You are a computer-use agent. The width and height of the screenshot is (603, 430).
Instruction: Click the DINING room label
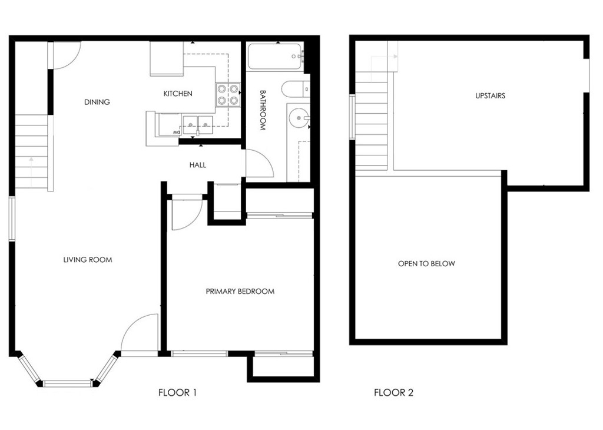coord(97,102)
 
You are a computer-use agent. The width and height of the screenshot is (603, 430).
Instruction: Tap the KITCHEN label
coord(178,94)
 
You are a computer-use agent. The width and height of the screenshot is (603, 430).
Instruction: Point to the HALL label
coord(198,165)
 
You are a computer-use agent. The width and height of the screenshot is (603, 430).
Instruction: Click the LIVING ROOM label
coord(88,260)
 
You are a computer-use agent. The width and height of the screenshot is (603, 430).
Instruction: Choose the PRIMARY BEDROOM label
coord(240,291)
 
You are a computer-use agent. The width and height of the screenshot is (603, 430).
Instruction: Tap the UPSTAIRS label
coord(491,96)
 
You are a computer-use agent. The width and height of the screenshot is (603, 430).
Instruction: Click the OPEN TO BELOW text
coord(426,263)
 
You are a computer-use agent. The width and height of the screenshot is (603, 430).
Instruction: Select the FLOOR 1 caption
coord(177,392)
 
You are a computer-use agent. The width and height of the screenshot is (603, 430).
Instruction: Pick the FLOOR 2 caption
coord(393,392)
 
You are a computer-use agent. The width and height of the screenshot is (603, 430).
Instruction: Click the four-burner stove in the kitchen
coord(228,95)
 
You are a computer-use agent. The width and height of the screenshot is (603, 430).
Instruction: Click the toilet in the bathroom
coord(296,89)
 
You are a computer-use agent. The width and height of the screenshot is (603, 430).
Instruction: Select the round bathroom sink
coord(298,117)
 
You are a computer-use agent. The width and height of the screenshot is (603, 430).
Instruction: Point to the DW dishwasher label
coord(177,132)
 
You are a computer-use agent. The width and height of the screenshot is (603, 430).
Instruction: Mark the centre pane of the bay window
coord(68,383)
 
